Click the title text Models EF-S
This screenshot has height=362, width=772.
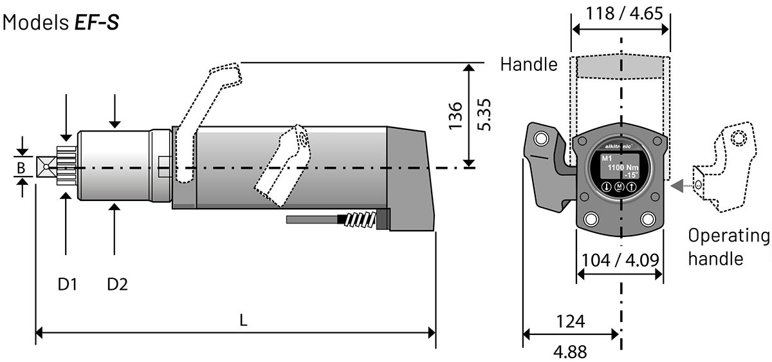point(61,23)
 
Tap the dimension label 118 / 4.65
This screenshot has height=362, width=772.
point(620,14)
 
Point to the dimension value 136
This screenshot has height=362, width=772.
point(455,115)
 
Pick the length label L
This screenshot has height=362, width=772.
point(243,320)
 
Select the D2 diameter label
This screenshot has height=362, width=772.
point(117,283)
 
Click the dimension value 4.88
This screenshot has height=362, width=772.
point(570,352)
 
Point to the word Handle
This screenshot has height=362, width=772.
point(529,64)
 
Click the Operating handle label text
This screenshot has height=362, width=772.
point(728,247)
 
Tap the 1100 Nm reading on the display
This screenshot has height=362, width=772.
point(623,167)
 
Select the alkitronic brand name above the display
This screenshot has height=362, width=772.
point(620,146)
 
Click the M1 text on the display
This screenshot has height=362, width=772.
point(607,158)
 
